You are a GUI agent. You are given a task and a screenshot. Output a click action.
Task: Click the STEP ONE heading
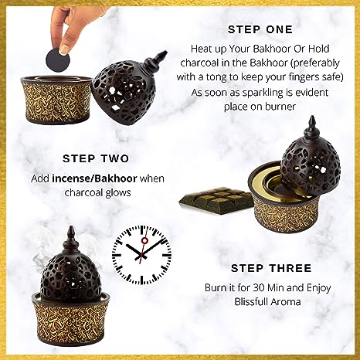click(259, 29)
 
